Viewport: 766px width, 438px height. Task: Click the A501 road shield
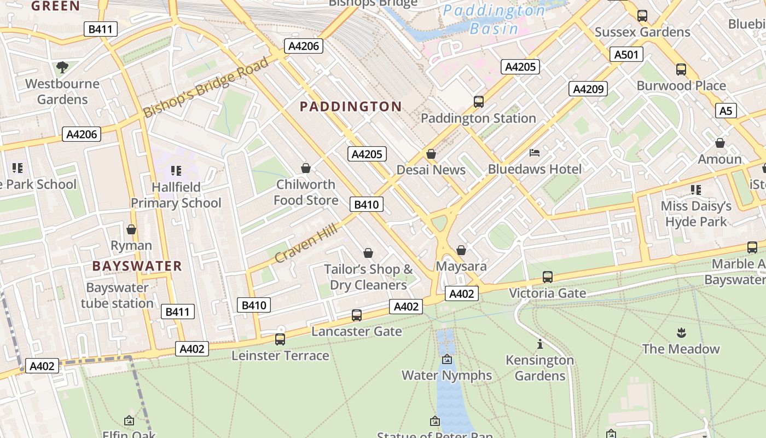(x=626, y=54)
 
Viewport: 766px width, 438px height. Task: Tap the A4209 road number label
(x=588, y=89)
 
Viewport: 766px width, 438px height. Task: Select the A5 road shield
(x=726, y=111)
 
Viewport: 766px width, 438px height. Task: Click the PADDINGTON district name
(x=351, y=107)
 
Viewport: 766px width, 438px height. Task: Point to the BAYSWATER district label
(x=137, y=267)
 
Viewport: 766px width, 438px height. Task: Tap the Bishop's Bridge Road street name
(x=206, y=87)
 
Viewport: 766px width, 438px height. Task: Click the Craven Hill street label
(x=306, y=241)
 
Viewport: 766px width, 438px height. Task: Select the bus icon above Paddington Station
(x=479, y=101)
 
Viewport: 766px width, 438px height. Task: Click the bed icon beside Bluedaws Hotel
(x=535, y=153)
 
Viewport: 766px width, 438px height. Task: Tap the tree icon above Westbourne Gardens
(x=62, y=67)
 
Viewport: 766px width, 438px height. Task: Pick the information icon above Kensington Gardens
(x=540, y=344)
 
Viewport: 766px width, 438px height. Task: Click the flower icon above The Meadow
(x=681, y=332)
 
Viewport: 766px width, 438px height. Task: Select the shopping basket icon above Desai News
(x=431, y=154)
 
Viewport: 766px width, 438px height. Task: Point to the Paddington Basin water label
(x=494, y=20)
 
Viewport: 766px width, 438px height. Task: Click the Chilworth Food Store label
(x=306, y=192)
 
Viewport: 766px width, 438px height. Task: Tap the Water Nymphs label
(x=447, y=376)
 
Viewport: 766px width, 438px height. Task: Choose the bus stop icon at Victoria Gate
(x=548, y=277)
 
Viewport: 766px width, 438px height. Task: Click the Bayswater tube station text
(x=117, y=296)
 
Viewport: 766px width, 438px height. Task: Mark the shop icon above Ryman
(x=131, y=229)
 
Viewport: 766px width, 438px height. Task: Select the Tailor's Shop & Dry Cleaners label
(x=368, y=277)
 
